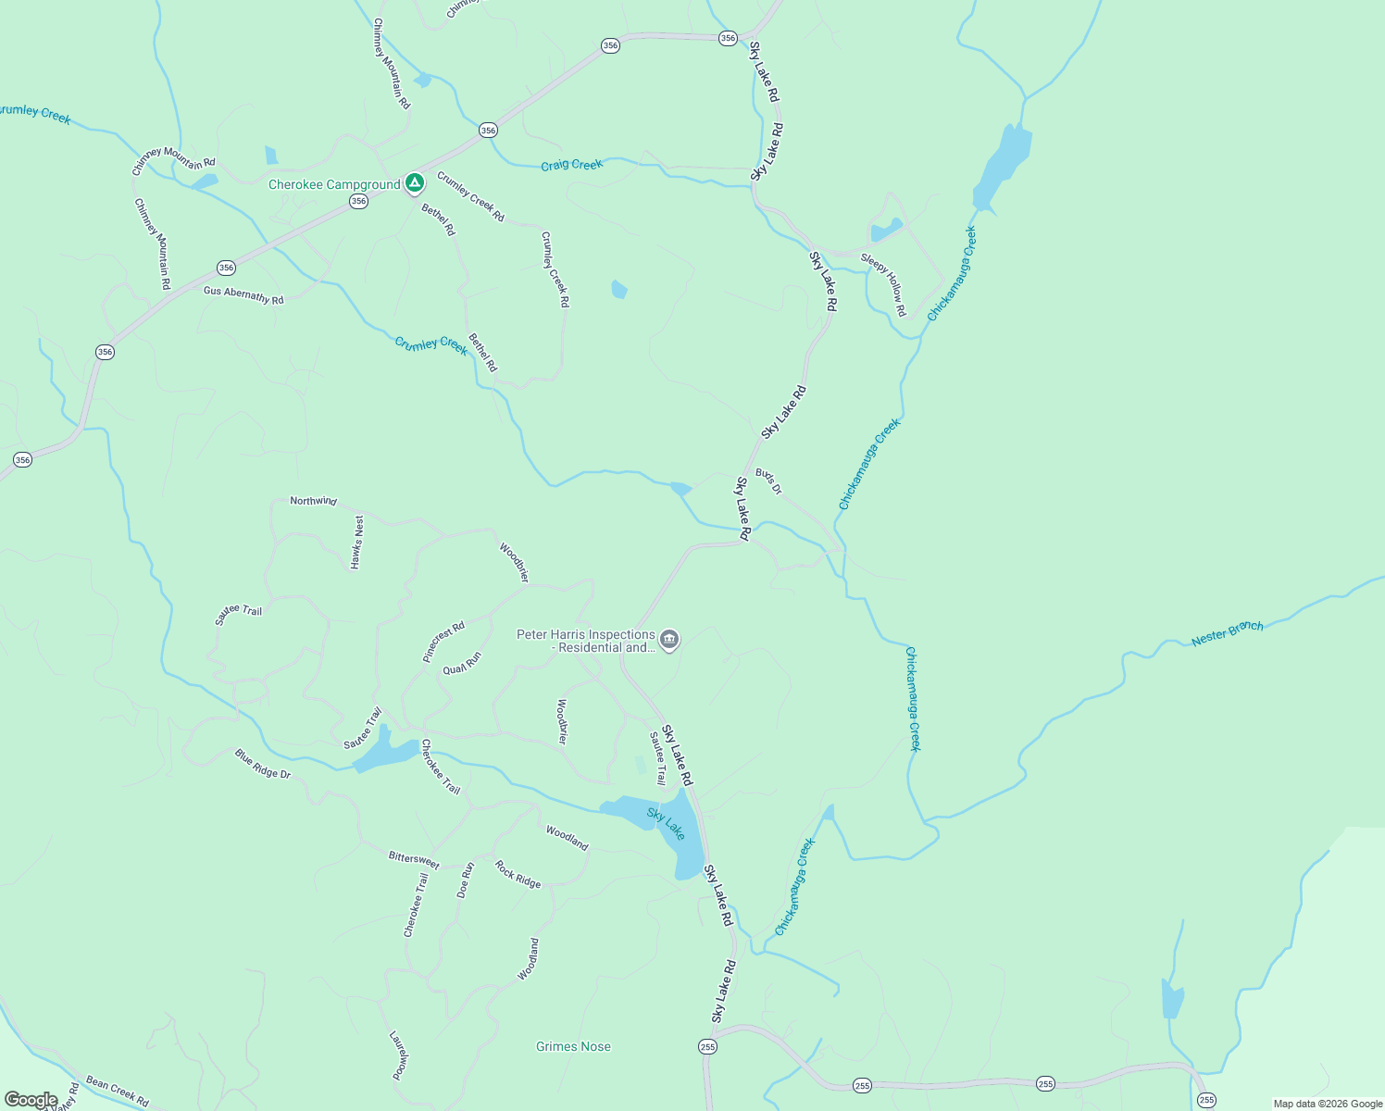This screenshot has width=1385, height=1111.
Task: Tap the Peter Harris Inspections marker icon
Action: pos(669,640)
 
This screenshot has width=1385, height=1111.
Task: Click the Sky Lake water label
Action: pos(667,824)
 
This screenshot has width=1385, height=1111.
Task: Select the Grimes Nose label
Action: pos(573,1046)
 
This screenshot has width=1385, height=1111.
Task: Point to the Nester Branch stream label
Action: pos(1227,633)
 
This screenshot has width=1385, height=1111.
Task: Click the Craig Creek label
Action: pos(571,165)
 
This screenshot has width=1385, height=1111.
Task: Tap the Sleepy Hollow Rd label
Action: pos(884,284)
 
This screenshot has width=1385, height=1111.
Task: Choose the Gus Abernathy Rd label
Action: pos(243,295)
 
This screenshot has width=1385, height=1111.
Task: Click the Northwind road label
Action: pos(313,501)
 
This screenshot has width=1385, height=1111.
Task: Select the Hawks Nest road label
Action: pos(357,542)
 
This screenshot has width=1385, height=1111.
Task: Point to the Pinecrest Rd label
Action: pos(443,642)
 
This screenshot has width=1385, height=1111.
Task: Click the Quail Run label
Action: pos(462,664)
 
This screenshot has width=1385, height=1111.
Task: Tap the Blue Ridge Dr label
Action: pos(262,764)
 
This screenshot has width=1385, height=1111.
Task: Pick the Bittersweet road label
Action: pos(414,860)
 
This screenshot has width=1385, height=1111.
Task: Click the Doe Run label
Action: pos(466,880)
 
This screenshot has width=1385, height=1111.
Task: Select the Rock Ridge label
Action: pos(518,875)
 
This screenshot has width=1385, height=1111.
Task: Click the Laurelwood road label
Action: pos(399,1055)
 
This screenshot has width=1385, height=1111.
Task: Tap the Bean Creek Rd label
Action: pos(117,1091)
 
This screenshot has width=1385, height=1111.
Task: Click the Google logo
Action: pos(31,1100)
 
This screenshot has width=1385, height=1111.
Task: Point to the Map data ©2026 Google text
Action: pos(1328,1104)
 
